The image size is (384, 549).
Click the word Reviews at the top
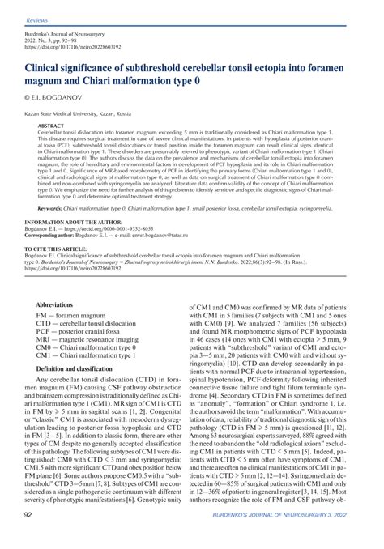pyautogui.click(x=36, y=18)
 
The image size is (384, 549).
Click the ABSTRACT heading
pyautogui.click(x=52, y=126)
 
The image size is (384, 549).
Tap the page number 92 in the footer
pyautogui.click(x=28, y=537)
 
